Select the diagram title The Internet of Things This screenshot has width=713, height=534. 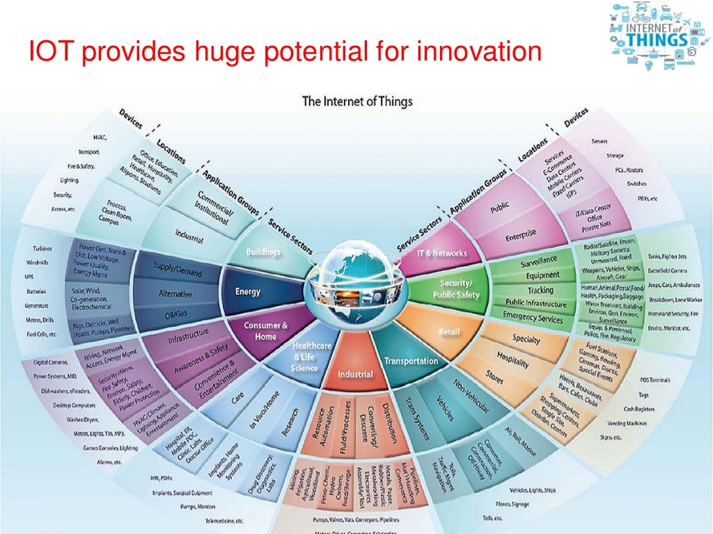click(x=357, y=102)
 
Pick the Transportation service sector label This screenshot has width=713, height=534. click(x=412, y=361)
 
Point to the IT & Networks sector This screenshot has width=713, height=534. click(x=441, y=253)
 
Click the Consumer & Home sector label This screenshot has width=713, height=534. click(x=265, y=330)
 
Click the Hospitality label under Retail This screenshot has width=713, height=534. click(x=512, y=359)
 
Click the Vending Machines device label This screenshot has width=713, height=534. click(x=625, y=423)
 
